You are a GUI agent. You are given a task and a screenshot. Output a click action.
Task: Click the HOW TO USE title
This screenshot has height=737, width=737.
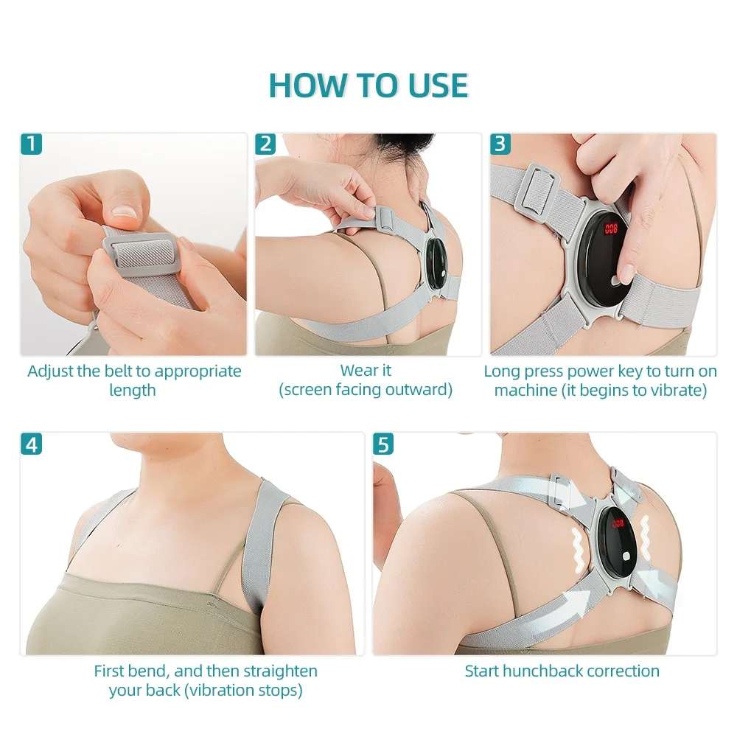368,85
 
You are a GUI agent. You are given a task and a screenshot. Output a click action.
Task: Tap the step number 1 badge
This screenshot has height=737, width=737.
30,143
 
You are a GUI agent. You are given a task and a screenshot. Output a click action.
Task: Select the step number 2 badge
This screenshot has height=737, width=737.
266,143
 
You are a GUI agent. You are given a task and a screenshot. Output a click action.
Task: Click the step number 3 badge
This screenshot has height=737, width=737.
501,143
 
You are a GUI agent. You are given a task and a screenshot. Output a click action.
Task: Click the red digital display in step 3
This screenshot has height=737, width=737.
611,228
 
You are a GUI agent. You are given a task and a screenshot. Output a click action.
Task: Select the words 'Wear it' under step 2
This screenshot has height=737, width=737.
366,371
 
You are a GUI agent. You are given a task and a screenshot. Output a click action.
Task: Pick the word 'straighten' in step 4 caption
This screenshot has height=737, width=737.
279,671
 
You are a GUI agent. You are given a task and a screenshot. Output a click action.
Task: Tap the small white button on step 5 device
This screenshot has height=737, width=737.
628,555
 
